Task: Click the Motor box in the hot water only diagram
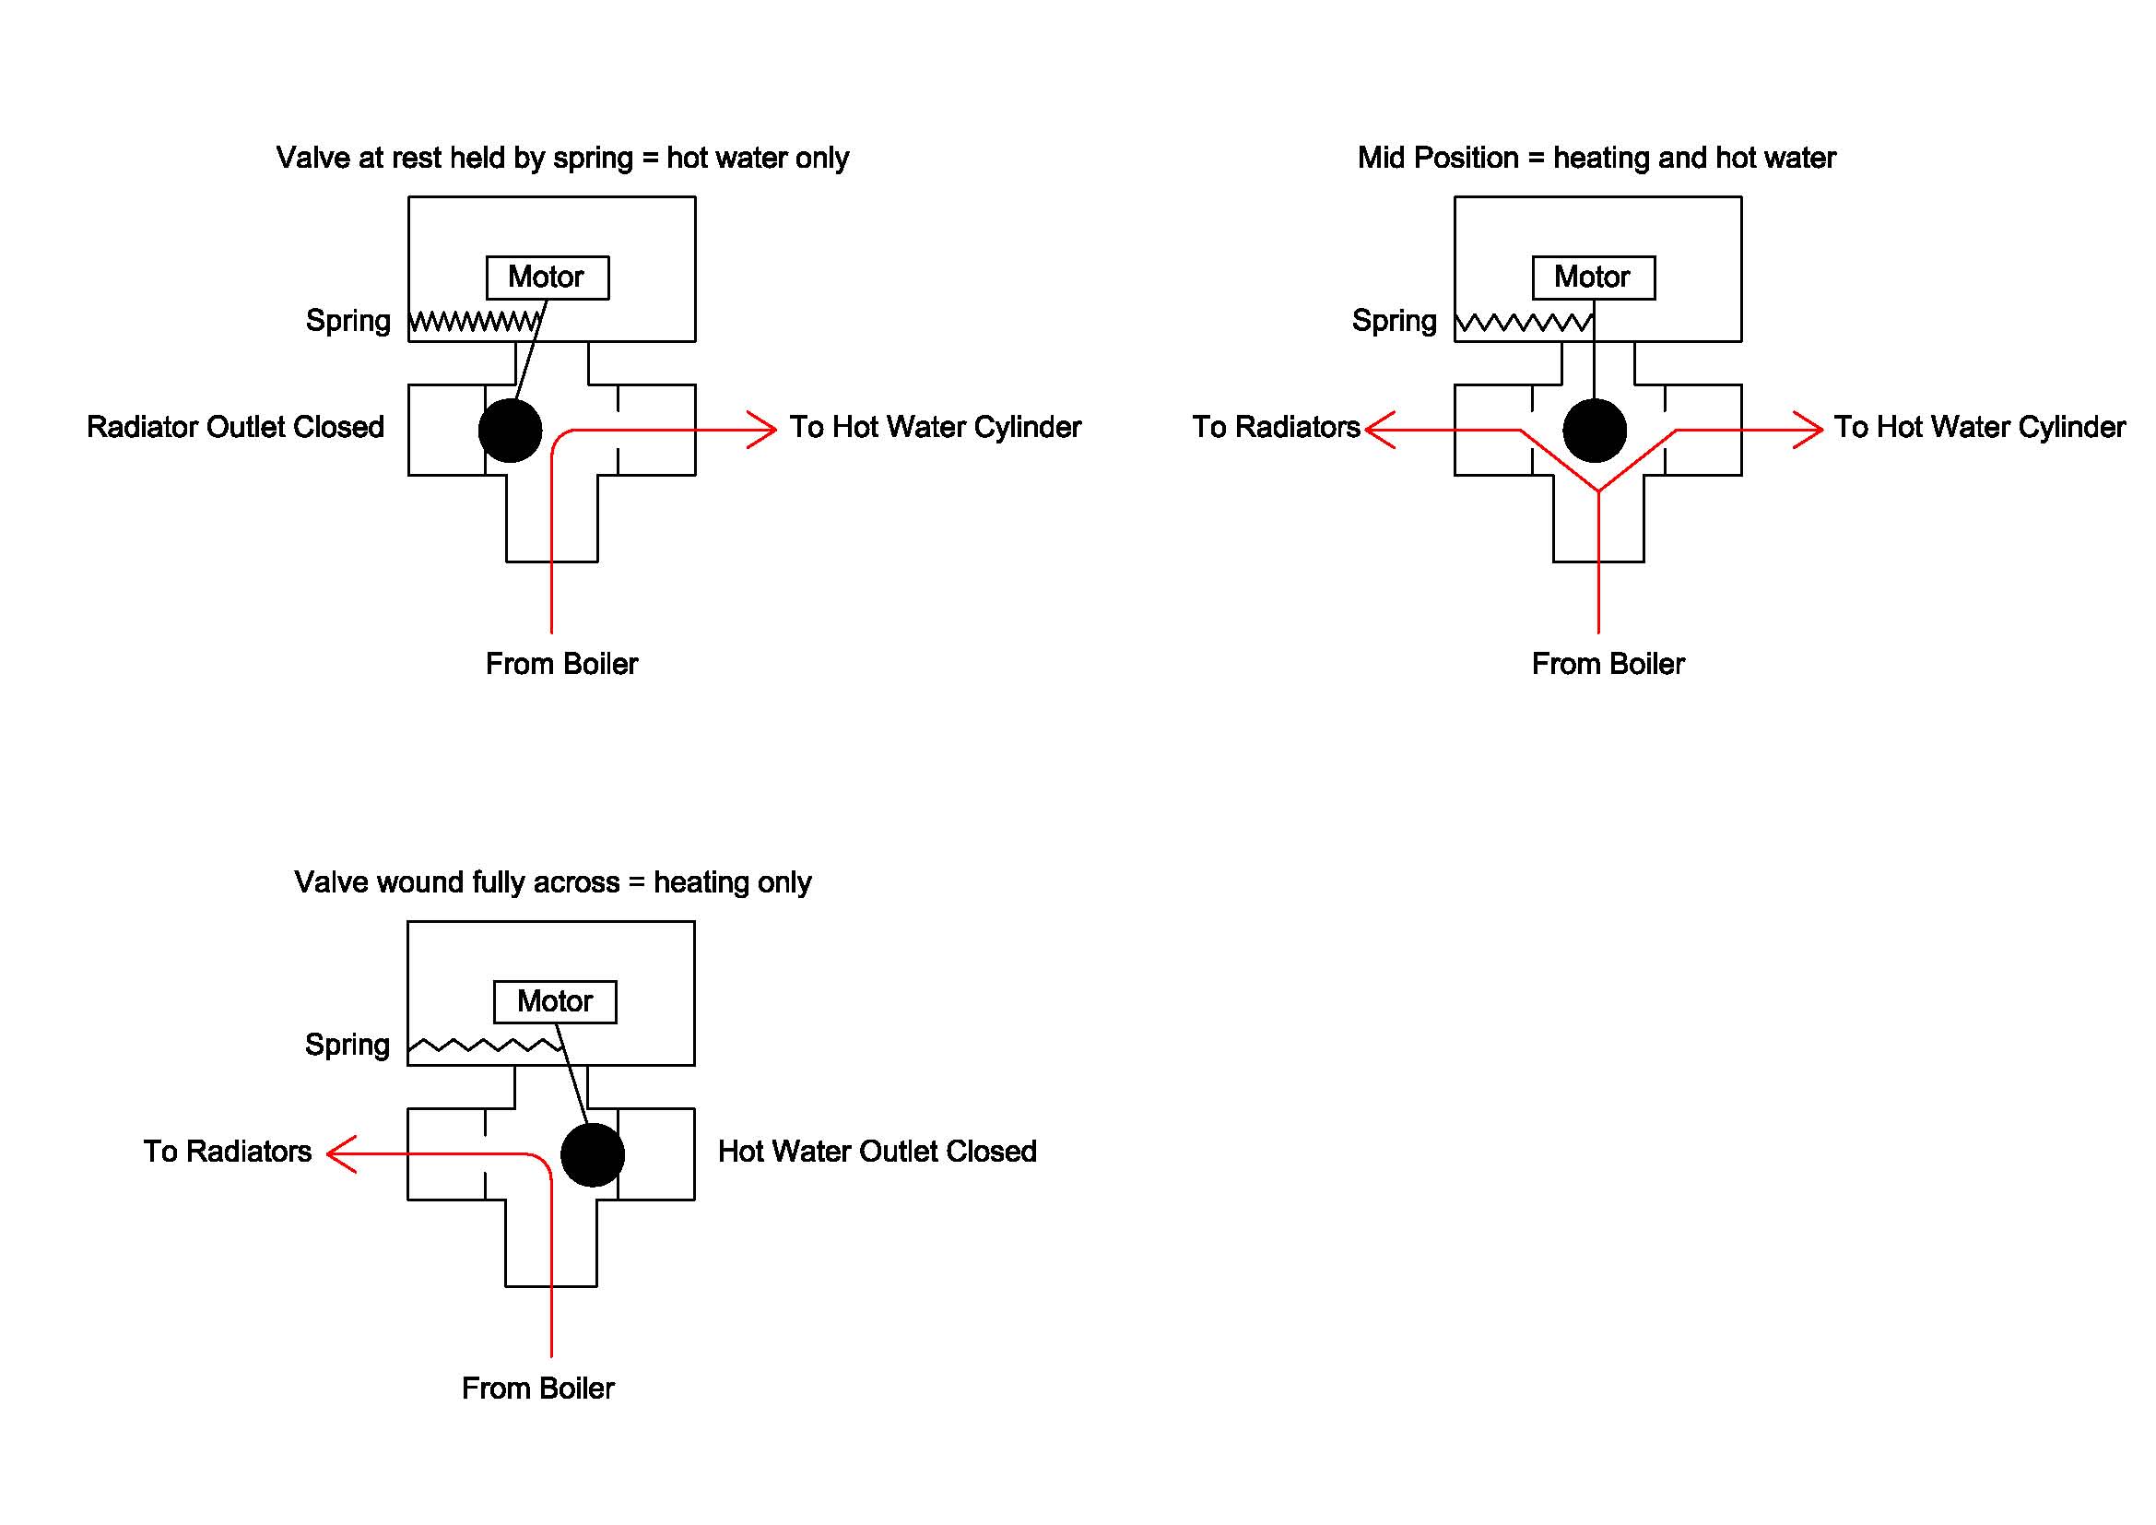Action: click(x=547, y=277)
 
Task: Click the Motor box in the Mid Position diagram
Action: click(x=1593, y=277)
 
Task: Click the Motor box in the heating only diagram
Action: click(x=555, y=1001)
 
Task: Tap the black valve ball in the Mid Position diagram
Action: click(x=1594, y=430)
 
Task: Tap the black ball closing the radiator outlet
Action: click(x=510, y=430)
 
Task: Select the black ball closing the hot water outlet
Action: click(x=592, y=1154)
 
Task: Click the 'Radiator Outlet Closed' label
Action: click(x=235, y=427)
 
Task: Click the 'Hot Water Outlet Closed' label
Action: click(x=876, y=1152)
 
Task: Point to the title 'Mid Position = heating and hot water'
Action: click(x=1596, y=158)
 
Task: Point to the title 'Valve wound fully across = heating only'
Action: click(x=552, y=882)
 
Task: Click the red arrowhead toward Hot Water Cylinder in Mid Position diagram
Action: click(x=1808, y=430)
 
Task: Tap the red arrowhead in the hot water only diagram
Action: click(x=763, y=430)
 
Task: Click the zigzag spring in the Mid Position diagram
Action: click(x=1523, y=323)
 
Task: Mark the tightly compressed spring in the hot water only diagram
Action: click(x=475, y=322)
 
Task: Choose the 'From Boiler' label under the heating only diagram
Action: click(x=537, y=1388)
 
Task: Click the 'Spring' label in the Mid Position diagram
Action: click(x=1394, y=321)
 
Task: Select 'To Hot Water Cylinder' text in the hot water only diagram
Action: click(x=935, y=427)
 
